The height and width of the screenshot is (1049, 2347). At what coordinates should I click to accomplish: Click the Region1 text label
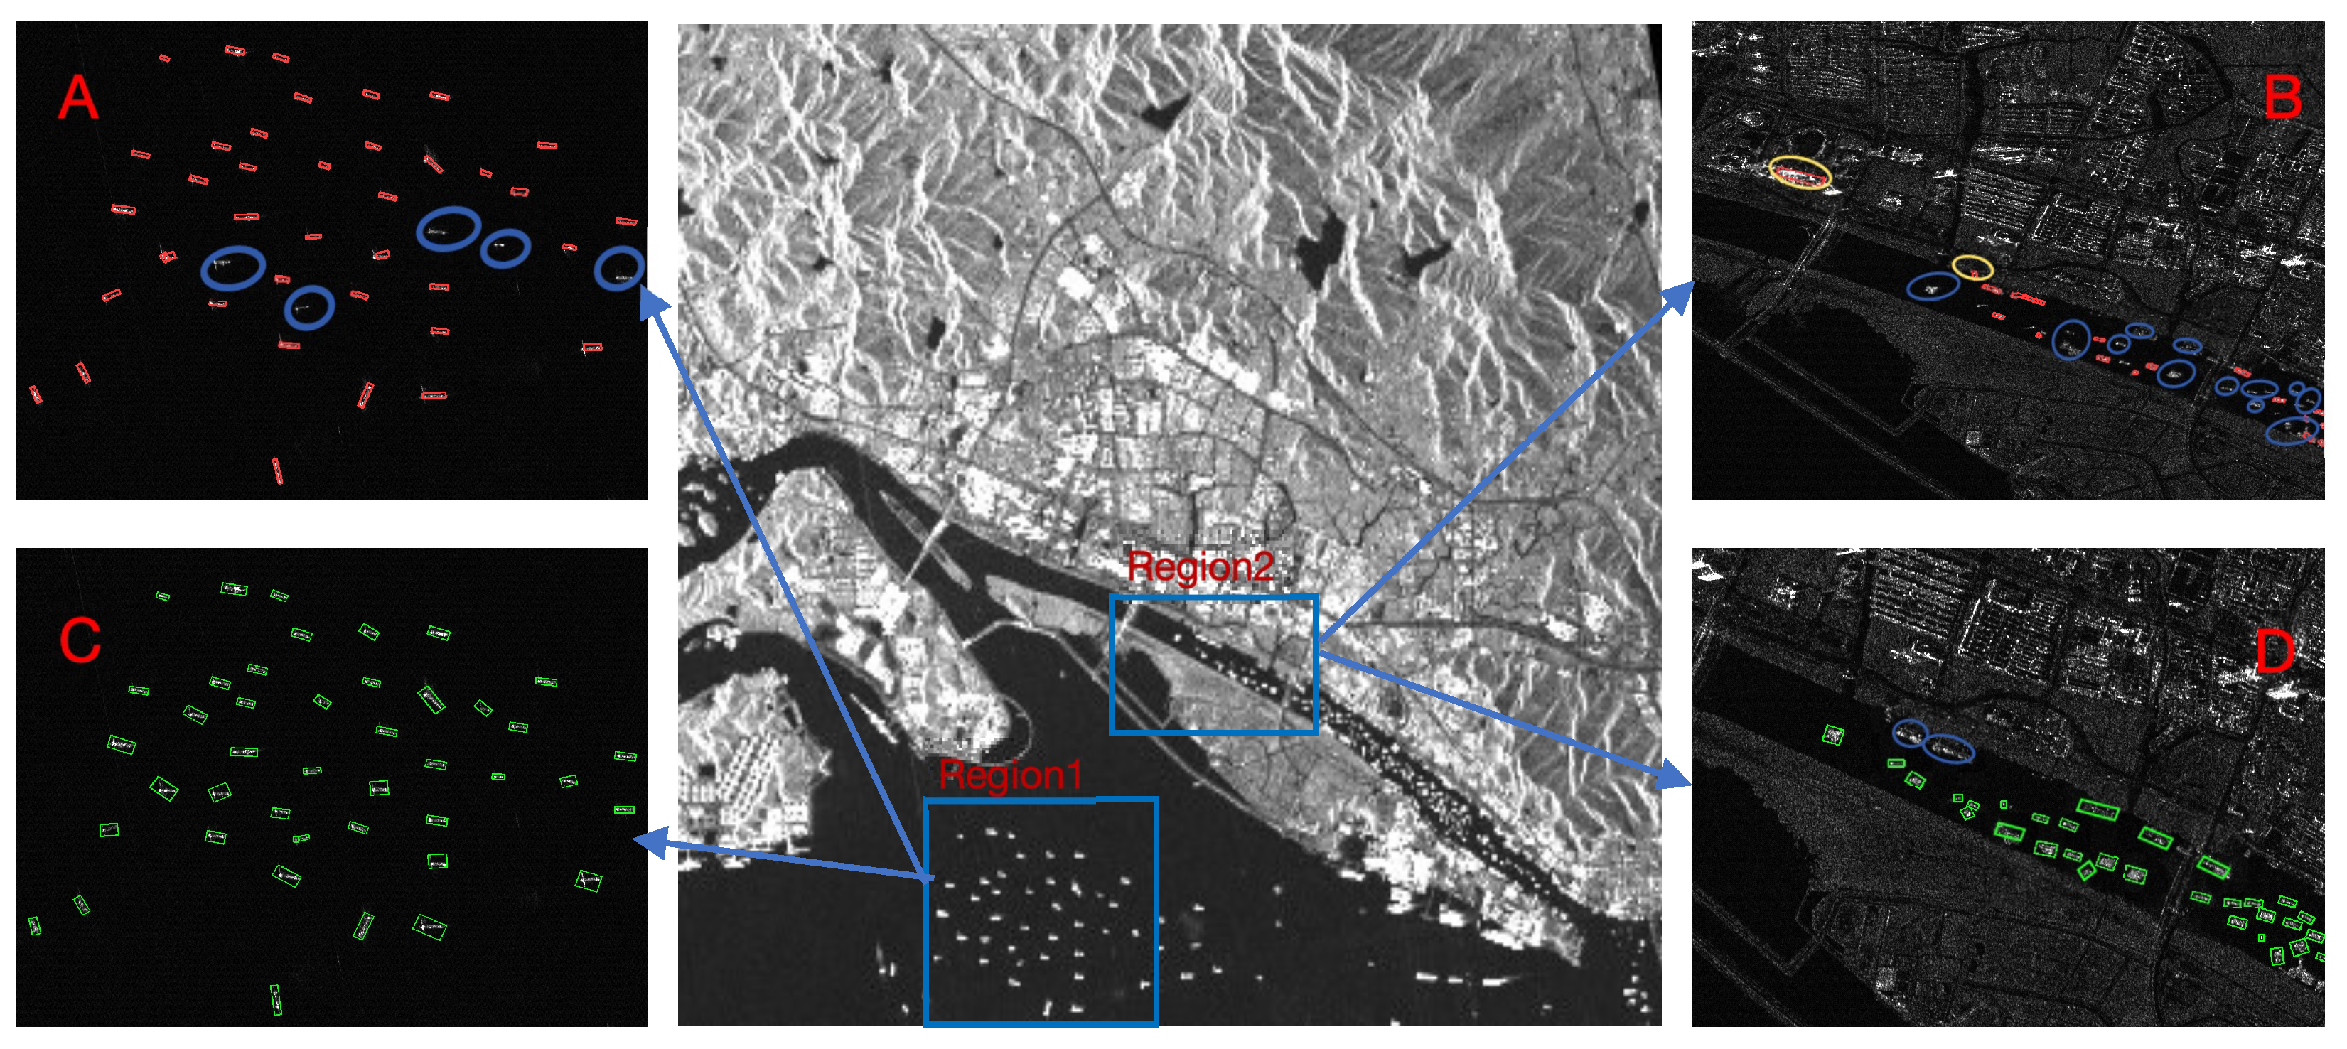(x=1011, y=775)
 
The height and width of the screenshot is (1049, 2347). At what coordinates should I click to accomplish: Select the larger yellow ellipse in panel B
(x=1800, y=172)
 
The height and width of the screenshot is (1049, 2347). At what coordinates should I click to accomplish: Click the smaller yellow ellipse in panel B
(x=1972, y=267)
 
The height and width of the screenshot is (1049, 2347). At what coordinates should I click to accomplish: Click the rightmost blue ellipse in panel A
(x=620, y=269)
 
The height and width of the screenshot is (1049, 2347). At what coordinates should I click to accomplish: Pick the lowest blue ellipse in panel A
(x=309, y=307)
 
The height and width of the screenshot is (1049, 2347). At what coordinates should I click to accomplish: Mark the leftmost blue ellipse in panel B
(x=1933, y=287)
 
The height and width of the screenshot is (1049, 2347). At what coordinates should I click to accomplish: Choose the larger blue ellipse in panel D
(x=1948, y=748)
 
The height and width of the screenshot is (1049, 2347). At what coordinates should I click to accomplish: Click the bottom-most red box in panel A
(x=277, y=470)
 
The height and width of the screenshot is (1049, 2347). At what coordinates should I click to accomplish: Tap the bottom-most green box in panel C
(x=275, y=999)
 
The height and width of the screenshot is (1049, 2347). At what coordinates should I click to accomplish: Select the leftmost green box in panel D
(x=1832, y=735)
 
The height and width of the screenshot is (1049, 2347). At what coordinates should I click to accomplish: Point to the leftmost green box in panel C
(x=35, y=925)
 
